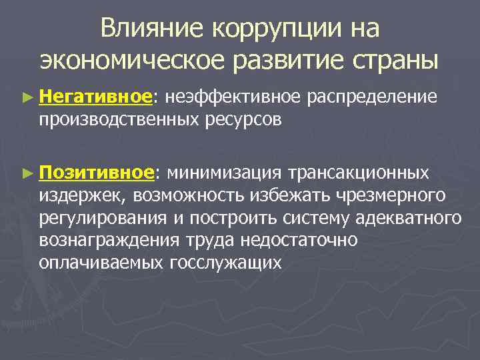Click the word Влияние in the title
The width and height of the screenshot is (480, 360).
(x=151, y=28)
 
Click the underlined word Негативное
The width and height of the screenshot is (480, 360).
(x=96, y=97)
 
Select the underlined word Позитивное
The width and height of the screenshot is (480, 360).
(x=97, y=173)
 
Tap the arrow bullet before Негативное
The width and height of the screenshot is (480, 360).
(x=26, y=98)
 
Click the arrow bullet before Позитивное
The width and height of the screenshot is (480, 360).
(x=26, y=173)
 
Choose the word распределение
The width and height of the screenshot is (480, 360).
(x=373, y=97)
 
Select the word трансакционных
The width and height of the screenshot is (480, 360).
(x=358, y=173)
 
